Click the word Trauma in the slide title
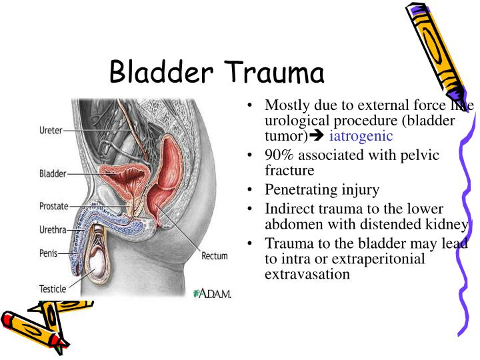[274, 71]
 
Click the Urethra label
[52, 229]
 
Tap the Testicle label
[51, 289]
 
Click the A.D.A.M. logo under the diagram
[211, 293]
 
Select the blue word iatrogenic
[361, 136]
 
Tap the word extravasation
[307, 273]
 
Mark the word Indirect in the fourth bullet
[287, 209]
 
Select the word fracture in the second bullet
[289, 170]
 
